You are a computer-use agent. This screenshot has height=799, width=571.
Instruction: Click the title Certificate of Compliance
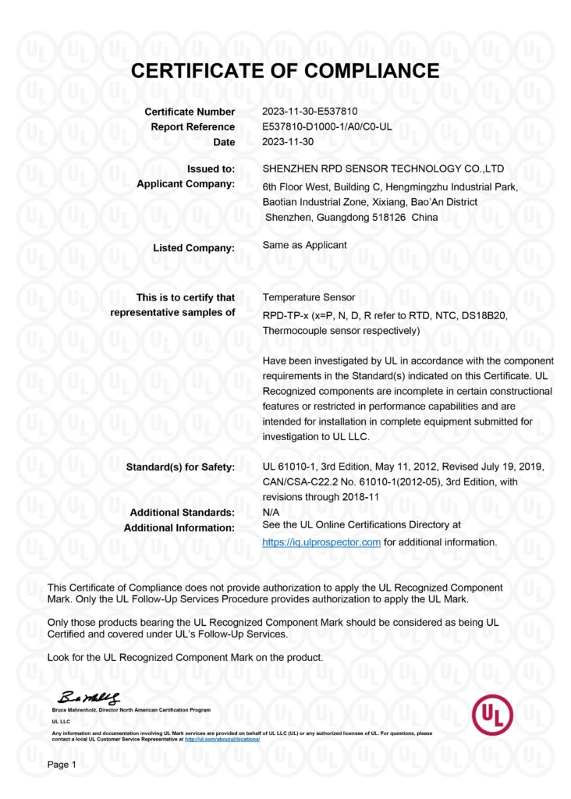click(x=285, y=72)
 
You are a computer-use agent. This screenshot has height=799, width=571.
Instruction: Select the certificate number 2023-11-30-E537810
click(x=310, y=112)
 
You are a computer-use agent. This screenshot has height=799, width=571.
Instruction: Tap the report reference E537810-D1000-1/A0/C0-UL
click(x=328, y=127)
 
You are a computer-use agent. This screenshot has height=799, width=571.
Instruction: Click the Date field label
click(x=224, y=142)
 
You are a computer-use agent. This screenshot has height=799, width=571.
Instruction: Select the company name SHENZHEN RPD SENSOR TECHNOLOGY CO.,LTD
click(x=384, y=169)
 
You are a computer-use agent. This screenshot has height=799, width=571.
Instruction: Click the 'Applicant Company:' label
click(x=186, y=184)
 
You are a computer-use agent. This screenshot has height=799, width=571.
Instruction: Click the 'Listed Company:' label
click(x=194, y=248)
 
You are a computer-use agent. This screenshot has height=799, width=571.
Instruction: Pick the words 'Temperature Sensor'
click(x=309, y=297)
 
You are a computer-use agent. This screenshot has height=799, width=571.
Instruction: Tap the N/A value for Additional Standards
click(x=272, y=511)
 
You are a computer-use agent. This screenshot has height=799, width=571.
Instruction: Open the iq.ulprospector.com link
click(x=321, y=542)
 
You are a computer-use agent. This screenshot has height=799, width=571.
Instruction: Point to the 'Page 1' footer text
click(x=62, y=765)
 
